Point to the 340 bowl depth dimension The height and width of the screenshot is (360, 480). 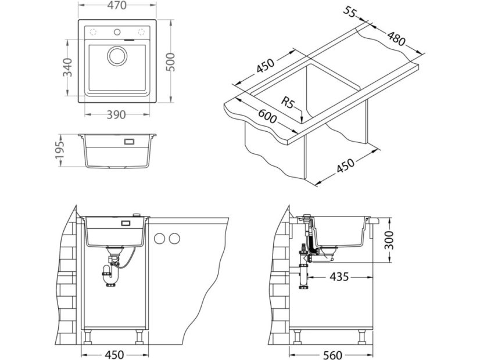pos(67,67)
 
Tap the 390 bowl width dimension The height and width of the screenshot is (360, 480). pos(117,115)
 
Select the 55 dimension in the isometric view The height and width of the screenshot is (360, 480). pos(350,12)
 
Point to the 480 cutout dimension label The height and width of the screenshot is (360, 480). pos(397,41)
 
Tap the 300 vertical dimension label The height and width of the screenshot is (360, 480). pos(391,239)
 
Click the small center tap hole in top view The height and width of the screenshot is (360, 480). pos(116,31)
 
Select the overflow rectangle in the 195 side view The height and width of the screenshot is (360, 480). pos(128,141)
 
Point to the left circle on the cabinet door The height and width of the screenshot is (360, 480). pos(159,238)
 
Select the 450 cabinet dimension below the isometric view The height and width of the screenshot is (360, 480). pos(345,167)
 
